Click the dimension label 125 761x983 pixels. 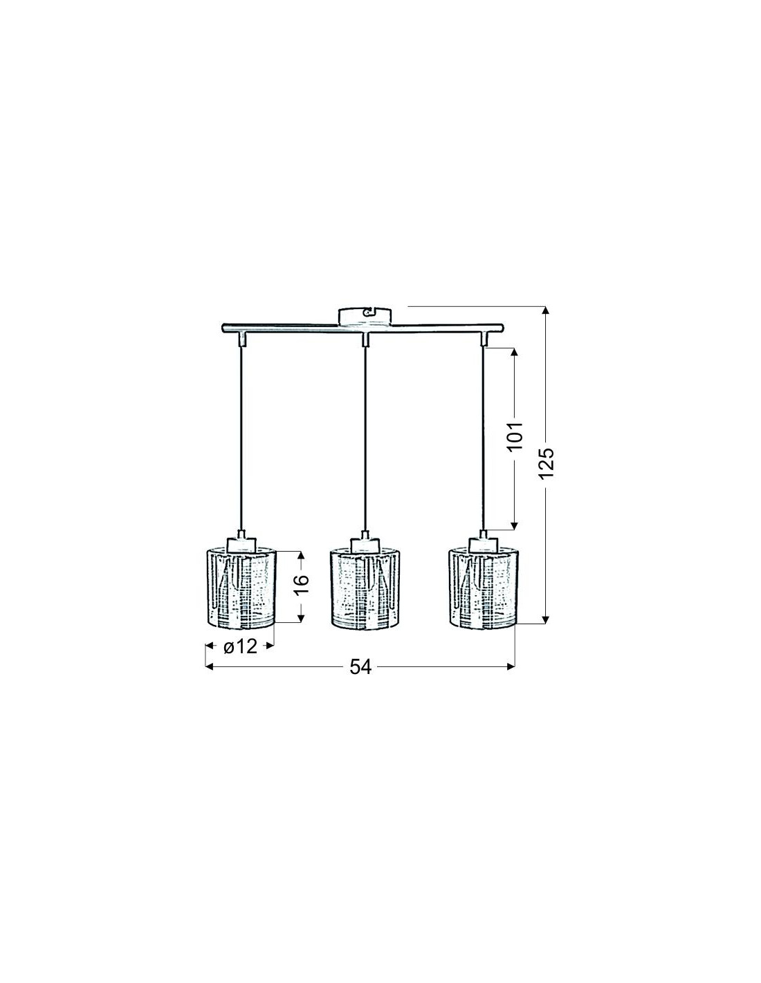click(x=547, y=464)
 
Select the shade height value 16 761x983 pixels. click(x=302, y=585)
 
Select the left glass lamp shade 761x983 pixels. click(x=240, y=588)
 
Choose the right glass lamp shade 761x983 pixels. click(x=483, y=588)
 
